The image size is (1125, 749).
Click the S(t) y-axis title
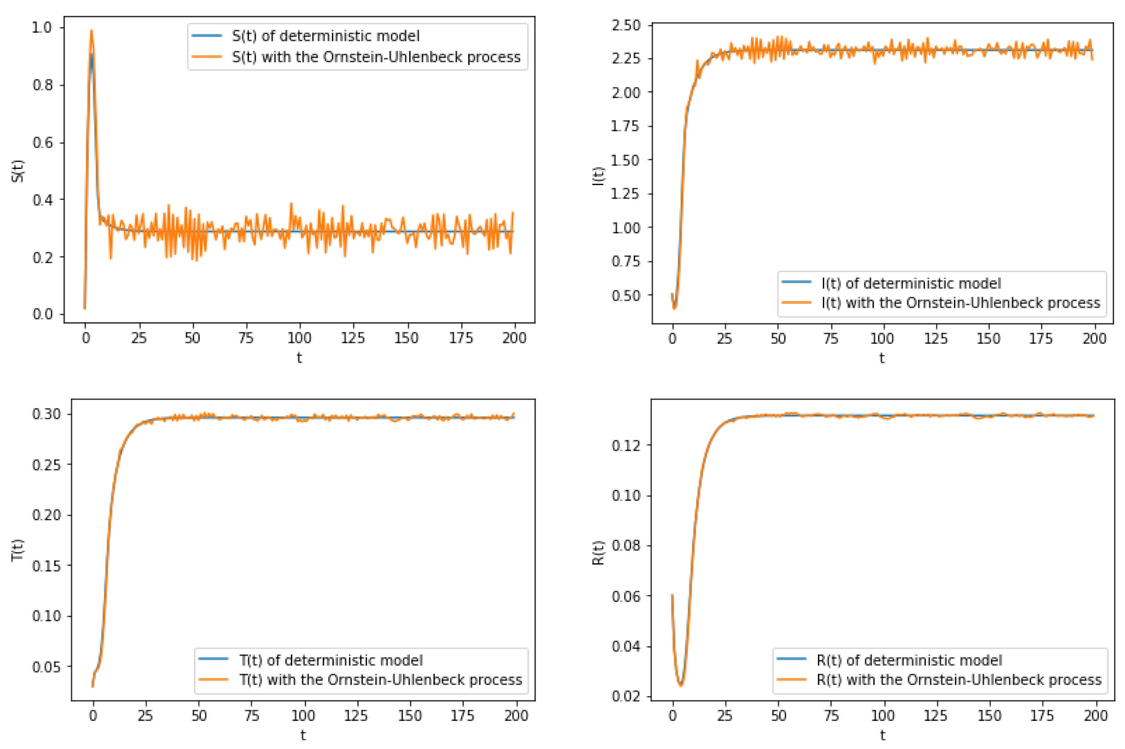click(18, 171)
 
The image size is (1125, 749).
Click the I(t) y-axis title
click(598, 176)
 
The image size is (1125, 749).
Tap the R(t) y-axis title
click(598, 553)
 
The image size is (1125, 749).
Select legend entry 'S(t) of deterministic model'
click(325, 36)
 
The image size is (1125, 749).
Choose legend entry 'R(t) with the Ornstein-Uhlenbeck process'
click(959, 680)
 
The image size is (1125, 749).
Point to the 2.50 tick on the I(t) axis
click(626, 25)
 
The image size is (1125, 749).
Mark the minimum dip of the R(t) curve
click(681, 685)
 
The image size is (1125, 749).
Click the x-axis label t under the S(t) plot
click(299, 358)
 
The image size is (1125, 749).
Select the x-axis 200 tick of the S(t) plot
click(514, 338)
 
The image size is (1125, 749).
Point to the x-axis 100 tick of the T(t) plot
click(303, 716)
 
